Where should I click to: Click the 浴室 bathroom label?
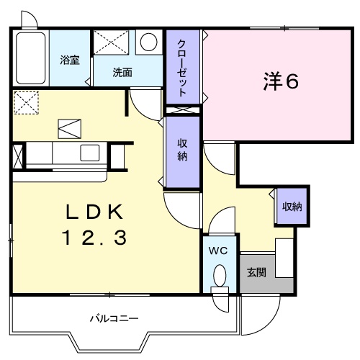[70, 60]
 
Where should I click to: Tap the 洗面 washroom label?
[122, 72]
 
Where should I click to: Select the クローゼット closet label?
[182, 68]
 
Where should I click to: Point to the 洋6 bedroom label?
[281, 81]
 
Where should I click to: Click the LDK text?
[94, 212]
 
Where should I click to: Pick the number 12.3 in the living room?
[94, 238]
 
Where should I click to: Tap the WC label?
[218, 251]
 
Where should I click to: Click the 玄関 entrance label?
[256, 272]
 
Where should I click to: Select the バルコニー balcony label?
[114, 319]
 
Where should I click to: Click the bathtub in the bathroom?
[31, 58]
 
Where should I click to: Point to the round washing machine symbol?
[148, 42]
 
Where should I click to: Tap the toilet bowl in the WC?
[220, 275]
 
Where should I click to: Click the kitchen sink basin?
[90, 153]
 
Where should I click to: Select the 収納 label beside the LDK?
[182, 150]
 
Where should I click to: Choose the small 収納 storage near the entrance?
[292, 207]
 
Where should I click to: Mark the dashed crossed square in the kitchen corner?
[26, 103]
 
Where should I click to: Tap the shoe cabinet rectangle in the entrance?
[284, 258]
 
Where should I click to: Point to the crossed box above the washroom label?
[111, 42]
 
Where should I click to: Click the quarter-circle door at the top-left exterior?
[32, 17]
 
